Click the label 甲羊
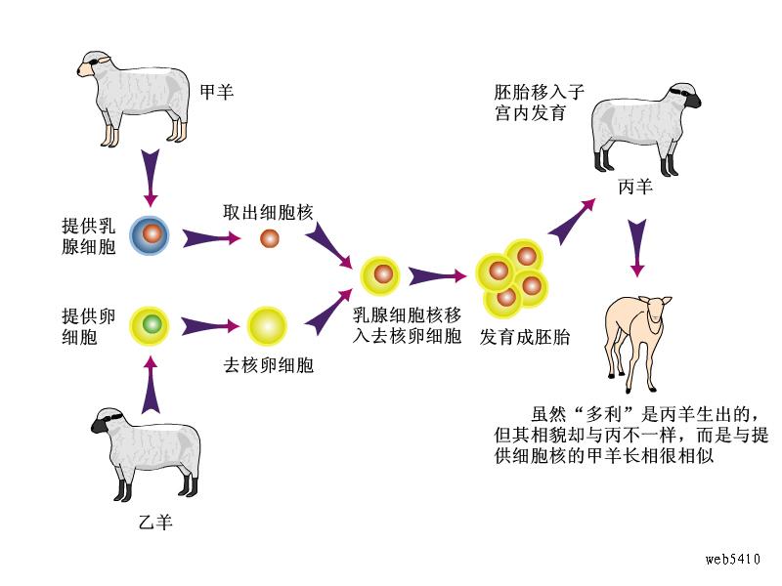(x=217, y=92)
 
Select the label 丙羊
(x=635, y=187)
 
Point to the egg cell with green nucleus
(x=151, y=323)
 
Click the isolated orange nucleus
(x=270, y=237)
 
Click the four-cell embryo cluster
(x=511, y=276)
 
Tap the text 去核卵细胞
(x=268, y=366)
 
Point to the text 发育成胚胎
(x=525, y=337)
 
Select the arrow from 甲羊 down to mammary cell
(x=149, y=176)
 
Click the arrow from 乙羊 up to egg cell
(x=149, y=381)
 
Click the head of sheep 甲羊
(x=93, y=66)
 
